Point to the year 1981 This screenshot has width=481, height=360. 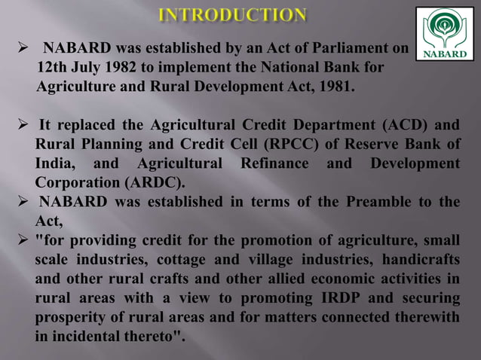[x=334, y=86]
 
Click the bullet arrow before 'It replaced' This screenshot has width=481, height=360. [x=22, y=124]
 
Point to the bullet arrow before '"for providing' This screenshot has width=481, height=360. [x=22, y=242]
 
